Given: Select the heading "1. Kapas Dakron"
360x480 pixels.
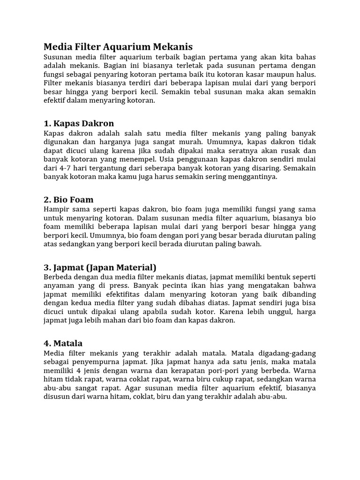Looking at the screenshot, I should [x=78, y=124].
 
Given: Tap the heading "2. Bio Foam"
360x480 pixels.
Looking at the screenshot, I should [x=68, y=199].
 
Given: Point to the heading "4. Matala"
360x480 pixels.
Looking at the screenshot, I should [x=63, y=343].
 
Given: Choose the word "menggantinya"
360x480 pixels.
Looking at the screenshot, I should [x=254, y=178].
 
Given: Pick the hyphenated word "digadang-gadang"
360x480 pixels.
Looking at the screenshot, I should [x=286, y=352].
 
